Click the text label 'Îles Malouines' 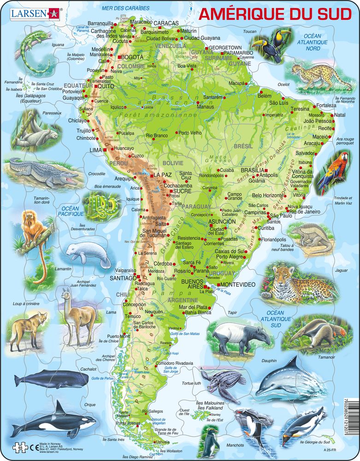[210, 403]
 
